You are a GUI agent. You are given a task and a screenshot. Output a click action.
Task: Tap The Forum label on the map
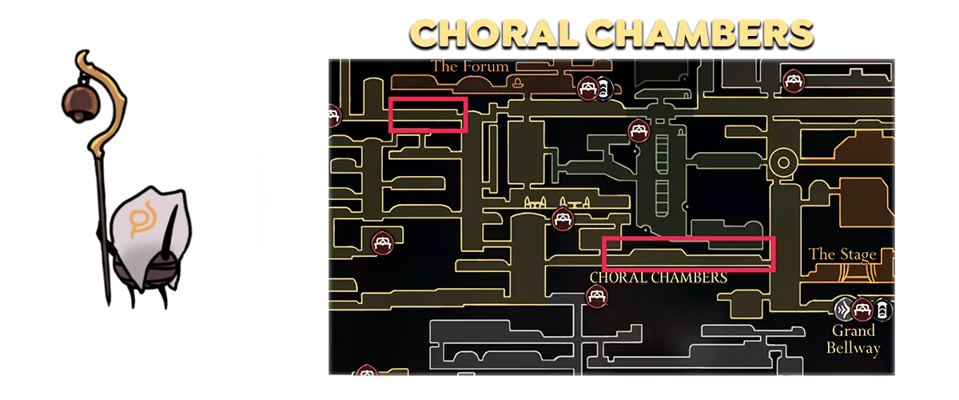pyautogui.click(x=470, y=66)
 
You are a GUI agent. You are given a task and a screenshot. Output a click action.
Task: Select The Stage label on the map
pyautogui.click(x=842, y=254)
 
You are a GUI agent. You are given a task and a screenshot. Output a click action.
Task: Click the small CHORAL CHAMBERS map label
pyautogui.click(x=658, y=278)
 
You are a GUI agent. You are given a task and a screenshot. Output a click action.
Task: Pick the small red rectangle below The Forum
pyautogui.click(x=428, y=114)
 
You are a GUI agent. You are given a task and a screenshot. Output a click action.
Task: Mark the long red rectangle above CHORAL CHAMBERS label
pyautogui.click(x=688, y=254)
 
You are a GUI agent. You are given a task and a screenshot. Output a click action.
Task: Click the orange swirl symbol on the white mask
pyautogui.click(x=144, y=218)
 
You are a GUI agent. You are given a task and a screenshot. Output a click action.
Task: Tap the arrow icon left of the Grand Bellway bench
pyautogui.click(x=844, y=310)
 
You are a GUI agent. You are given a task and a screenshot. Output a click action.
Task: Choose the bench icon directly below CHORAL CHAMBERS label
pyautogui.click(x=596, y=297)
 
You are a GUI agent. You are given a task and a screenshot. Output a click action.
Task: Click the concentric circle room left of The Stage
pyautogui.click(x=783, y=164)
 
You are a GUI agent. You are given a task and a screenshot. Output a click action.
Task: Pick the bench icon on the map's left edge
pyautogui.click(x=333, y=116)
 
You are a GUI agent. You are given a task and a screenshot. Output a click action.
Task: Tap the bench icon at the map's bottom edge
pyautogui.click(x=367, y=371)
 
